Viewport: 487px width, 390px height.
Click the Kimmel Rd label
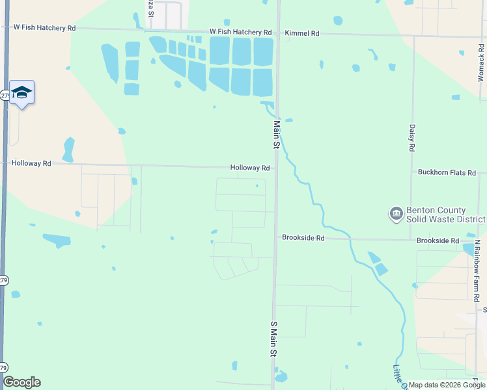[302, 32]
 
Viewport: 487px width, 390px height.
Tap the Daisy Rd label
[412, 138]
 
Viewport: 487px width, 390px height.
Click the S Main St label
[274, 338]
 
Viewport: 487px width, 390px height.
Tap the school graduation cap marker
[21, 92]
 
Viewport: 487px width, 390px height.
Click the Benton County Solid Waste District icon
[395, 214]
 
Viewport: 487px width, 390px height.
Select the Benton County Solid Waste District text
[436, 214]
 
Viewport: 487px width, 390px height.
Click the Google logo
[21, 382]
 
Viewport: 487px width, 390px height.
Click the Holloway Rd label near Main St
[249, 168]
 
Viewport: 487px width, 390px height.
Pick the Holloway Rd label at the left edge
[31, 164]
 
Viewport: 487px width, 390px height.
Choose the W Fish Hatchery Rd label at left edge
[44, 28]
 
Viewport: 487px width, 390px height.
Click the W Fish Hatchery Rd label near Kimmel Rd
[240, 32]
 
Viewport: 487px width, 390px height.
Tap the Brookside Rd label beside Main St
[303, 238]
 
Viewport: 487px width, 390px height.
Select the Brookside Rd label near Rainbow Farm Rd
[438, 240]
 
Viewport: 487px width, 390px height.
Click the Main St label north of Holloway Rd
[276, 135]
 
